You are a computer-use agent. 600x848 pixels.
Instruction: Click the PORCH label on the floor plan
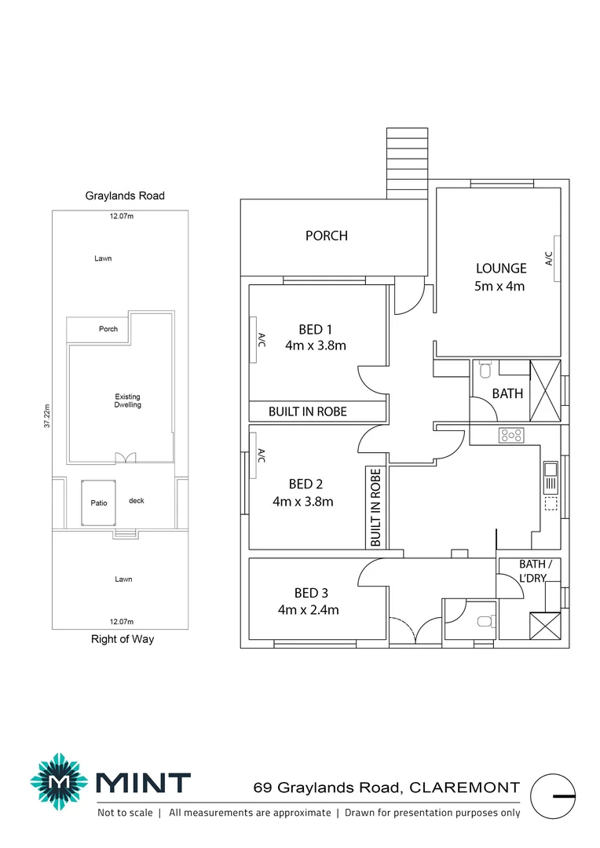click(326, 236)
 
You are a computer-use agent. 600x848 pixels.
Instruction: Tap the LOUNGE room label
click(500, 269)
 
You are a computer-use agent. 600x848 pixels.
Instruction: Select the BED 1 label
click(316, 329)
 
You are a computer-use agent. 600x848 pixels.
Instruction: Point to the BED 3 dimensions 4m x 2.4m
click(308, 610)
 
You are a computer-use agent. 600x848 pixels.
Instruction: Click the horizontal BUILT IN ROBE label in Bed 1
click(307, 411)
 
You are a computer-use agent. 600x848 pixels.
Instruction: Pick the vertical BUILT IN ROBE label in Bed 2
click(375, 507)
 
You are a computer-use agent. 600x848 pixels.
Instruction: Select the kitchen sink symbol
click(551, 470)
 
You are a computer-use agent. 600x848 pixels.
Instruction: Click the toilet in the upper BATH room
click(485, 369)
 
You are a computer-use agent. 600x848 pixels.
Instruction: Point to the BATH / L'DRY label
click(535, 570)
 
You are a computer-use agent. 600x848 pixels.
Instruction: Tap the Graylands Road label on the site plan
click(125, 196)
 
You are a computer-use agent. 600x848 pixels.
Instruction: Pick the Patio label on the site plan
click(97, 503)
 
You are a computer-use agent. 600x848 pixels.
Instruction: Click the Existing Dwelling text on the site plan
click(127, 400)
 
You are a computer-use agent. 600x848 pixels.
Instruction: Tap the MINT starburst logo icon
click(59, 782)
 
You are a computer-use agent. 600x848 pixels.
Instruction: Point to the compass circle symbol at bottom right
click(554, 795)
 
